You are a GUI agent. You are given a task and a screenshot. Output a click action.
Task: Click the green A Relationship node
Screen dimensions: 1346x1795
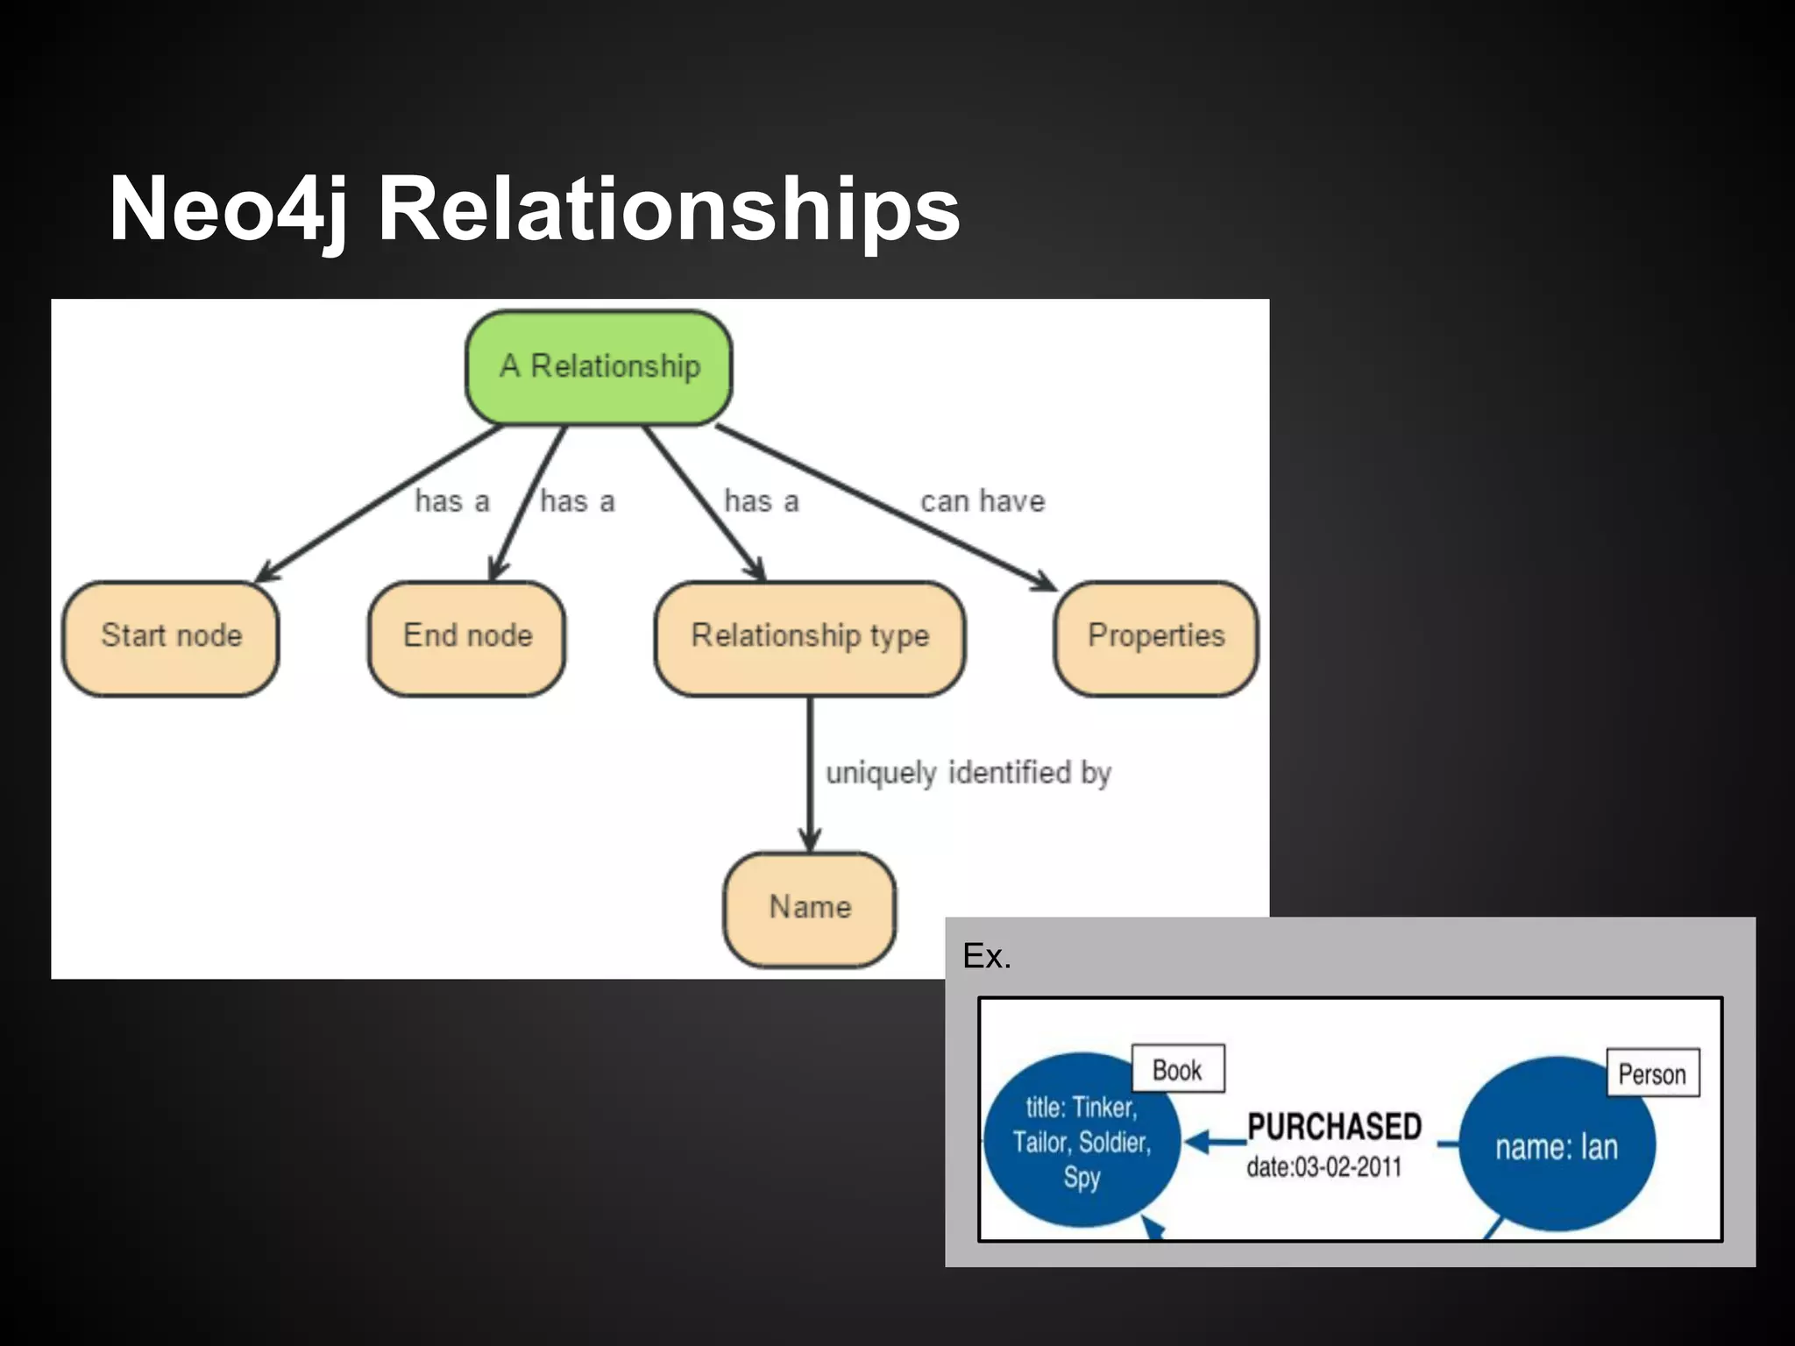pyautogui.click(x=599, y=367)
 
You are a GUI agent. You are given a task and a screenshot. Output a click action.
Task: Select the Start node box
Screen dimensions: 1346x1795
pyautogui.click(x=171, y=637)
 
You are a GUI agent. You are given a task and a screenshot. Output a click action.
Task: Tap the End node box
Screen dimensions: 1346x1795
pyautogui.click(x=467, y=637)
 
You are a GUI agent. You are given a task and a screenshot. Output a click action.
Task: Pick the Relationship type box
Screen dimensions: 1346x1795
pyautogui.click(x=809, y=637)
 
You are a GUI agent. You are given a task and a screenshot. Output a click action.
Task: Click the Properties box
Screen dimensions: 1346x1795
pyautogui.click(x=1155, y=637)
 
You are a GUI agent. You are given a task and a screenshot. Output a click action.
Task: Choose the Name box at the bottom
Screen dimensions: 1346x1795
pyautogui.click(x=809, y=908)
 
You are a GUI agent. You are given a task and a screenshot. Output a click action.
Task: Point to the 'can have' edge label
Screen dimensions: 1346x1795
pyautogui.click(x=983, y=502)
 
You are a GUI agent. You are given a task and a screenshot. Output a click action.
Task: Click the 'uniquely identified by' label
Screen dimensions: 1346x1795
pyautogui.click(x=968, y=773)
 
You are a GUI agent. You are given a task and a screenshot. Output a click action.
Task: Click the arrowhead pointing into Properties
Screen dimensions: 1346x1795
pyautogui.click(x=1045, y=581)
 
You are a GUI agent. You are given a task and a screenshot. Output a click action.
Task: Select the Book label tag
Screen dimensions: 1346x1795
pyautogui.click(x=1177, y=1069)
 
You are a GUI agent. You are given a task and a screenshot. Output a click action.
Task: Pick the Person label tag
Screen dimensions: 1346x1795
pyautogui.click(x=1652, y=1073)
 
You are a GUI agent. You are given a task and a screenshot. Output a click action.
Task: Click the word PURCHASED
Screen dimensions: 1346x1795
pyautogui.click(x=1334, y=1127)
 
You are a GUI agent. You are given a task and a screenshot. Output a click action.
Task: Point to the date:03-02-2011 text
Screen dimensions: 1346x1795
pyautogui.click(x=1323, y=1167)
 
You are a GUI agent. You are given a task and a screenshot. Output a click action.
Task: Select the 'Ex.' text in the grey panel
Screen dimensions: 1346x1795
pyautogui.click(x=987, y=956)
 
